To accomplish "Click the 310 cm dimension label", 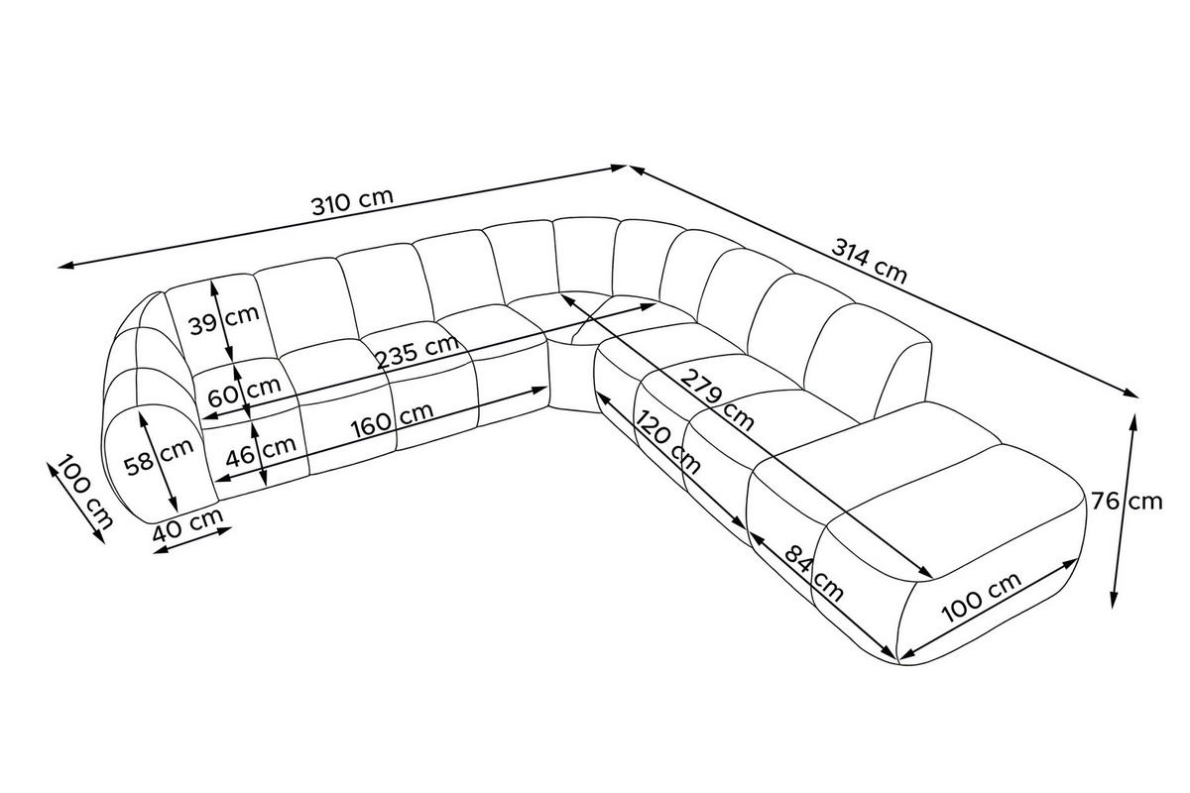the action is tap(352, 202).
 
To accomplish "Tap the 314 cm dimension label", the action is tap(869, 261).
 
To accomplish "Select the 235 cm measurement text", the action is tap(417, 351).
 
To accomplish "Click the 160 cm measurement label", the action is tap(392, 419).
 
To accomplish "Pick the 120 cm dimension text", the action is tap(667, 442).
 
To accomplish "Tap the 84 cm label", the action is tap(813, 573).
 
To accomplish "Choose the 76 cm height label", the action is tap(1127, 501).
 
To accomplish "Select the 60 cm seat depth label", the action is tap(244, 391).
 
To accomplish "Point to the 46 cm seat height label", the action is tap(261, 452).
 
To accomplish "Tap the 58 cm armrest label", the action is tap(159, 458).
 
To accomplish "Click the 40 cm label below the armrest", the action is tap(187, 524).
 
